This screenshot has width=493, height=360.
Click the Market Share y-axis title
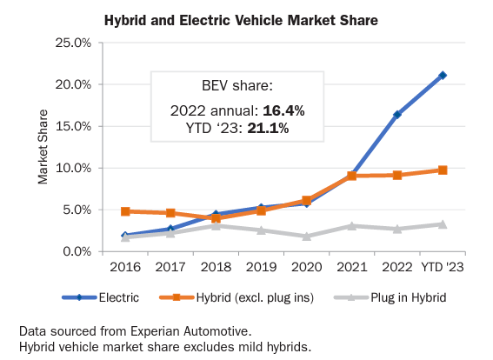point(42,147)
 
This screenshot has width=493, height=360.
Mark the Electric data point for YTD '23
point(443,76)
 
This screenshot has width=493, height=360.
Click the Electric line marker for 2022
point(397,115)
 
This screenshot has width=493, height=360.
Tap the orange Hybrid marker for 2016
point(125,211)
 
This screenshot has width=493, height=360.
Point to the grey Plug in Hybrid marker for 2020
point(306,237)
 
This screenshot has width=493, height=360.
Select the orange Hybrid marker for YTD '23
point(443,170)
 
